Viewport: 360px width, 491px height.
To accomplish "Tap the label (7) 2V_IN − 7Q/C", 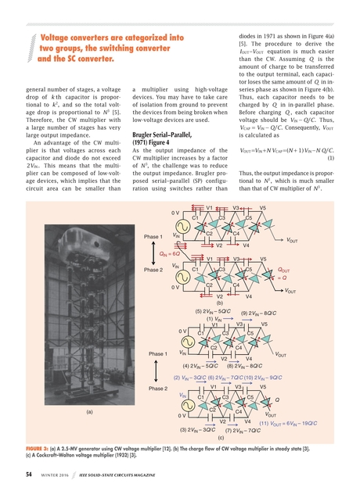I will [x=243, y=430].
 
